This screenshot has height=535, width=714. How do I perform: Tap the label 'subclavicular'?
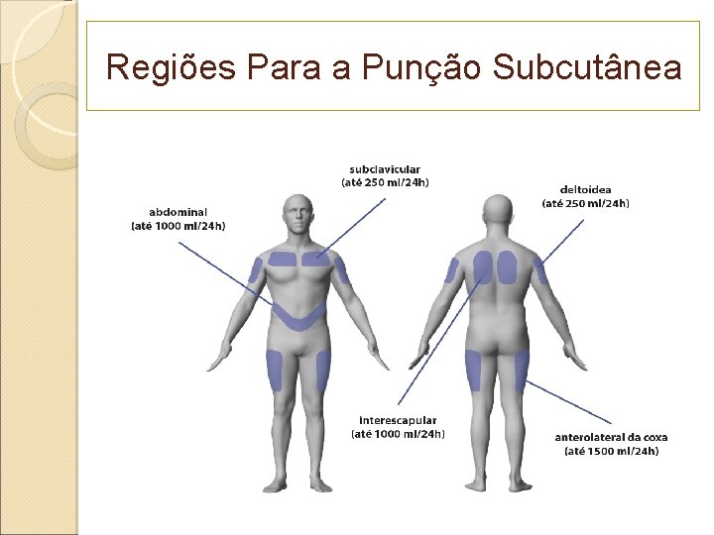pyautogui.click(x=385, y=169)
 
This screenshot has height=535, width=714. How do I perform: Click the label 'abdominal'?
pyautogui.click(x=178, y=212)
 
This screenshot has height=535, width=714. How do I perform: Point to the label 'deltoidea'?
pyautogui.click(x=585, y=189)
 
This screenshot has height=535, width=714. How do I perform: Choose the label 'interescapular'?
pyautogui.click(x=398, y=420)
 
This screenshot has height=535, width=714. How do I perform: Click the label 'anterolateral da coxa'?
pyautogui.click(x=611, y=437)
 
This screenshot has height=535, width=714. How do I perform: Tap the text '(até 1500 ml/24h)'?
pyautogui.click(x=611, y=451)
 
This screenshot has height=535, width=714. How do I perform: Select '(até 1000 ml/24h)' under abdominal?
pyautogui.click(x=178, y=226)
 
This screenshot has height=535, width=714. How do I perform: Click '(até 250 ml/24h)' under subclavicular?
pyautogui.click(x=385, y=182)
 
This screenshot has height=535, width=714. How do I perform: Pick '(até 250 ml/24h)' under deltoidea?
pyautogui.click(x=585, y=203)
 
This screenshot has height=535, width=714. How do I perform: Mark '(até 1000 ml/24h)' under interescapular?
pyautogui.click(x=398, y=433)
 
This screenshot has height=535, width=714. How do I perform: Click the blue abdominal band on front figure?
pyautogui.click(x=298, y=317)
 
